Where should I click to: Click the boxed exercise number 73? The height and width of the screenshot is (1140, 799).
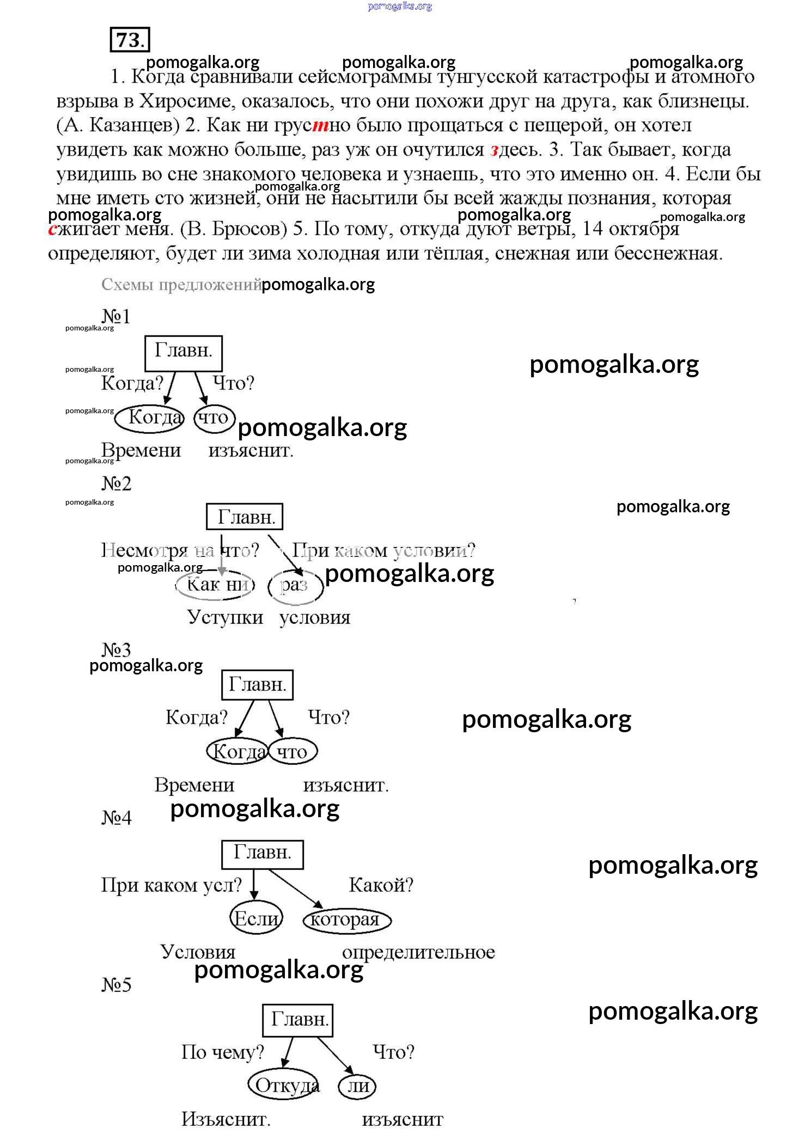pos(130,40)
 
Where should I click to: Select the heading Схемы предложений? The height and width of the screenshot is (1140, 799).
pos(181,285)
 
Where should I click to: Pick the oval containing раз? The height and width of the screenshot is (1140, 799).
pos(295,586)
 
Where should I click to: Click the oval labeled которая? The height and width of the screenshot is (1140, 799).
pos(347,920)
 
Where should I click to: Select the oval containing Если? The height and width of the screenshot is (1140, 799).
pos(256,919)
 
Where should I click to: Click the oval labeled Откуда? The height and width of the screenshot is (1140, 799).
pos(284,1086)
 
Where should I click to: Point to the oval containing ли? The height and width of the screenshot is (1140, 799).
pos(357,1086)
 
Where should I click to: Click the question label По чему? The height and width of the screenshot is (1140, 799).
pos(222,1052)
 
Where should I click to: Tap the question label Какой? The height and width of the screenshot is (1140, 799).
pos(381,885)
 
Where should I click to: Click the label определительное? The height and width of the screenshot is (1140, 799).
pos(418,952)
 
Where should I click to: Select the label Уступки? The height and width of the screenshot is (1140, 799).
pos(225,617)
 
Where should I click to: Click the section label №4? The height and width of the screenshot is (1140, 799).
pos(117,817)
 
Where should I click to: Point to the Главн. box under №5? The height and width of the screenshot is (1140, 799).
pos(297,1020)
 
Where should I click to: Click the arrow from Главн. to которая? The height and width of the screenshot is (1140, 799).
pos(295,888)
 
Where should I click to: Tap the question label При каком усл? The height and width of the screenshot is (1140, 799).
pos(171,885)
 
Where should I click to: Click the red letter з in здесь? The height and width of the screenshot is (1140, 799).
pos(495,150)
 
